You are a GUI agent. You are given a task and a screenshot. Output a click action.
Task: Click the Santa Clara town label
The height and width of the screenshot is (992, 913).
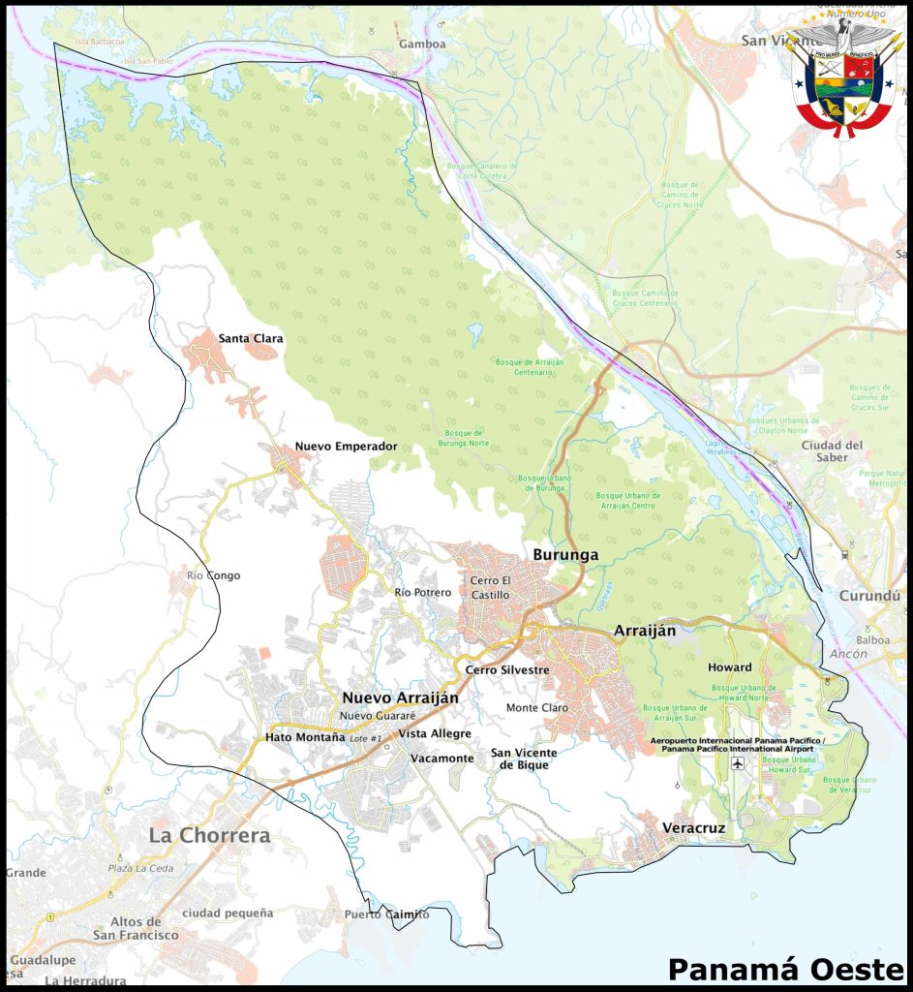251,338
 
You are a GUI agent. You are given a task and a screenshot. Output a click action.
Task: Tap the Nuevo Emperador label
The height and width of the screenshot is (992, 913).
346,447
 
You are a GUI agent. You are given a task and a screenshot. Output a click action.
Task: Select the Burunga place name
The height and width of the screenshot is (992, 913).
565,555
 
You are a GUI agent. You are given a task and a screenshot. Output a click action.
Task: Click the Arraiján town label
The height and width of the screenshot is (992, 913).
644,631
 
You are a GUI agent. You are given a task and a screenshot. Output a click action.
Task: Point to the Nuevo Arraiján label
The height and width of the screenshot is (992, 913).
400,697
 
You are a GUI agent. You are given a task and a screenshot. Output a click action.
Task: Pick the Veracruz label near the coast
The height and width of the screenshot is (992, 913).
693,828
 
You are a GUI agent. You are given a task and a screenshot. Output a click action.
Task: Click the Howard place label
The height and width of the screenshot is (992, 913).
729,667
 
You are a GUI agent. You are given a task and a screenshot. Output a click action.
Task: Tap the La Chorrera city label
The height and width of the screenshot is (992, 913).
209,835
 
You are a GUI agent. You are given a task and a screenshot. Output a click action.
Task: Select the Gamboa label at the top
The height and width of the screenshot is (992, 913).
422,45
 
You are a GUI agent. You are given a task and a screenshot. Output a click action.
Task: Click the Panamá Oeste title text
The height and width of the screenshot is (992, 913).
785,969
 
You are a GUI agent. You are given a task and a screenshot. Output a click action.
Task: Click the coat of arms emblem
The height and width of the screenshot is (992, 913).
847,77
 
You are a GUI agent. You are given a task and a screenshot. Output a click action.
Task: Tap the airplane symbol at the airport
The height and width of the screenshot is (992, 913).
739,763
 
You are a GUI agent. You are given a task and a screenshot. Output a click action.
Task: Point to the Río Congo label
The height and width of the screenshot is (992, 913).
213,575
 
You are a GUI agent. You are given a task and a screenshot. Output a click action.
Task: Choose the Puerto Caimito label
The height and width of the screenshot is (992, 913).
386,914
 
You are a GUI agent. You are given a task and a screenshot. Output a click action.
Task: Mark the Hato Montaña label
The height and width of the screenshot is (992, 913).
305,737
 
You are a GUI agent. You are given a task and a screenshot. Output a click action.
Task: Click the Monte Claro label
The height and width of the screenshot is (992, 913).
537,708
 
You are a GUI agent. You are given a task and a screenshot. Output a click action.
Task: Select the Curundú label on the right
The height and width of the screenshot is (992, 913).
870,596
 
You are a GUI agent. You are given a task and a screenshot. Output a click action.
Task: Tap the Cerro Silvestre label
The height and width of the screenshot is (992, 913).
507,669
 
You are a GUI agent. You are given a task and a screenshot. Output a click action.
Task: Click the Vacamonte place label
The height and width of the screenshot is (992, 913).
441,759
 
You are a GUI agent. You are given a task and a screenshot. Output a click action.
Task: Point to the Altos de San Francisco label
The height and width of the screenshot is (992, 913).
136,928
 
